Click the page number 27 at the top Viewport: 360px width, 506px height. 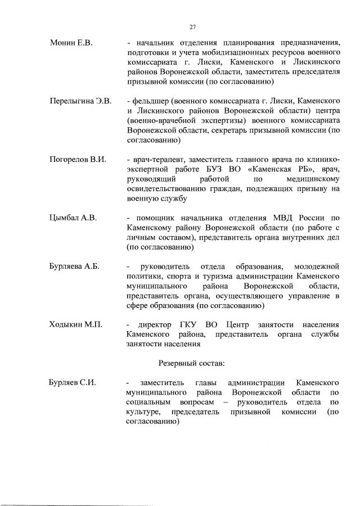click(x=192, y=26)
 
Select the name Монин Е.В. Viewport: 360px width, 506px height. click(x=71, y=43)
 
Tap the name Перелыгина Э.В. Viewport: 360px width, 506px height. click(x=80, y=101)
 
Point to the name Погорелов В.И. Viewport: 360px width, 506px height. click(x=78, y=160)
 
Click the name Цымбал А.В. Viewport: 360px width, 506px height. click(x=73, y=218)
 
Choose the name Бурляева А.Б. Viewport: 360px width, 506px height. click(x=75, y=266)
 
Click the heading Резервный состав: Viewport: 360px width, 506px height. click(x=192, y=363)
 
